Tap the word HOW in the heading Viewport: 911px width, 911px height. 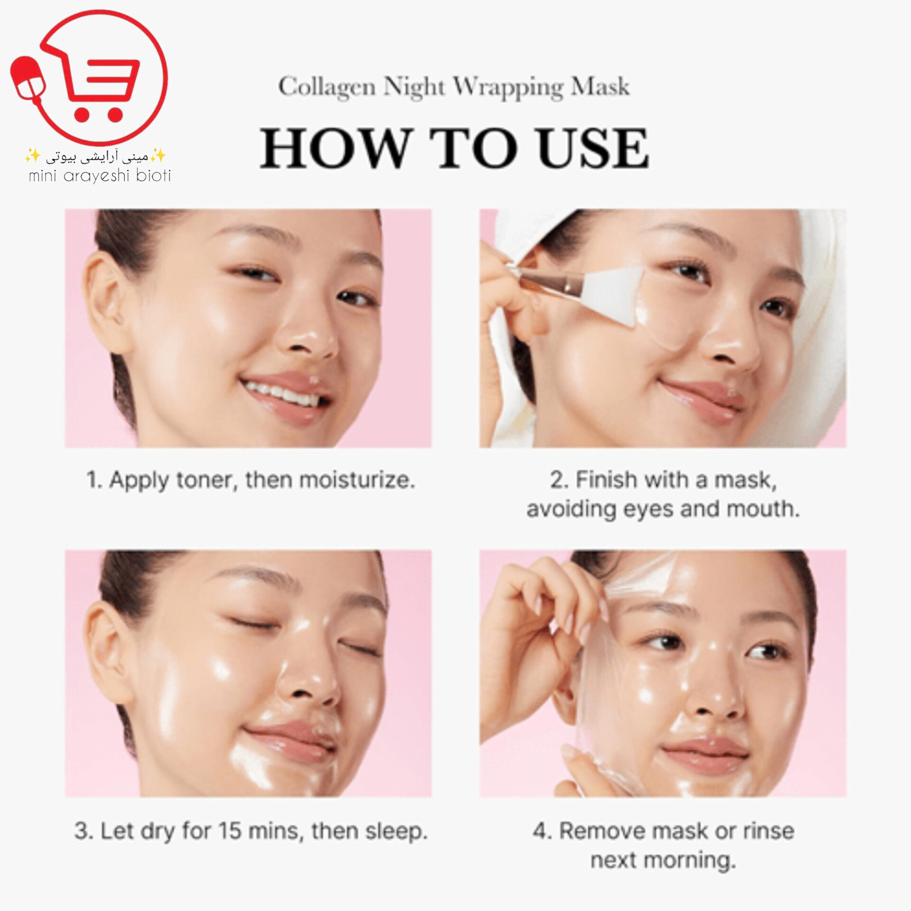[336, 148]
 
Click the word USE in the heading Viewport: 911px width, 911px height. [593, 148]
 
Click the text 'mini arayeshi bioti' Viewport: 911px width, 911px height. [100, 176]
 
